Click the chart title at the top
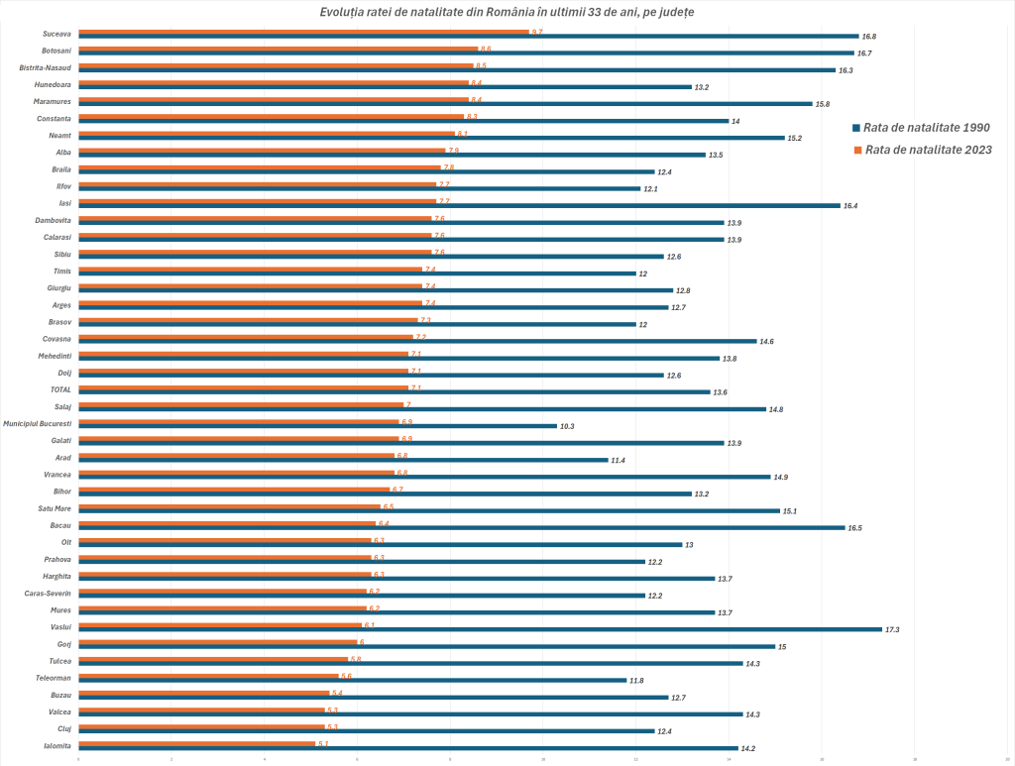pyautogui.click(x=507, y=11)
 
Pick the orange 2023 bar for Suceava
pyautogui.click(x=303, y=32)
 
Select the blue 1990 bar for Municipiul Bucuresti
pyautogui.click(x=317, y=426)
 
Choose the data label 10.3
pyautogui.click(x=568, y=426)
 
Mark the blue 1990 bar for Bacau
pyautogui.click(x=461, y=528)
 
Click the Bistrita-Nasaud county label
pyautogui.click(x=46, y=67)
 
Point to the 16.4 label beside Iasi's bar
pyautogui.click(x=851, y=206)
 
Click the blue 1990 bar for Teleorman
pyautogui.click(x=352, y=680)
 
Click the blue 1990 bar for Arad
pyautogui.click(x=343, y=460)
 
